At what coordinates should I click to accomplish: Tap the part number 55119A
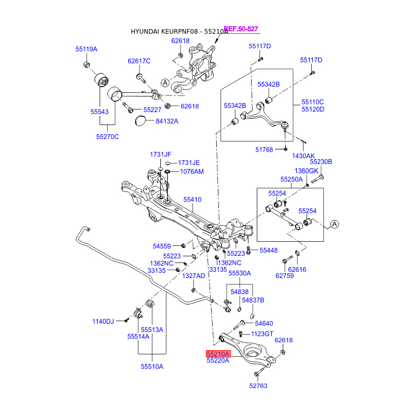click(x=86, y=49)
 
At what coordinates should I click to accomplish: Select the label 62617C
click(x=139, y=61)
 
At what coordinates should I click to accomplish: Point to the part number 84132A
click(x=167, y=121)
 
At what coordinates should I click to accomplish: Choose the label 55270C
click(x=107, y=137)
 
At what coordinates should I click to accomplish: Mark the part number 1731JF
click(x=160, y=155)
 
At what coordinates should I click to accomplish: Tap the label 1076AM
click(x=191, y=171)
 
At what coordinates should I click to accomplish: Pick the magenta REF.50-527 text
click(x=241, y=29)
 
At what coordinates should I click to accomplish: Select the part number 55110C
click(x=313, y=102)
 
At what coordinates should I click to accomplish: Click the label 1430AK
click(x=303, y=156)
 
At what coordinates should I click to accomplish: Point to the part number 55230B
click(x=321, y=161)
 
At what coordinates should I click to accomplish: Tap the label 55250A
click(x=291, y=179)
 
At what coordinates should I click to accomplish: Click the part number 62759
click(x=285, y=275)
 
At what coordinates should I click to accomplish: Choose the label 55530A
click(x=240, y=273)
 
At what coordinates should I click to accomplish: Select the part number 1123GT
click(x=262, y=334)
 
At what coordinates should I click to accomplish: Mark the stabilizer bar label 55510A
click(x=152, y=366)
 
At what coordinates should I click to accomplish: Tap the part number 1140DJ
click(x=103, y=322)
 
